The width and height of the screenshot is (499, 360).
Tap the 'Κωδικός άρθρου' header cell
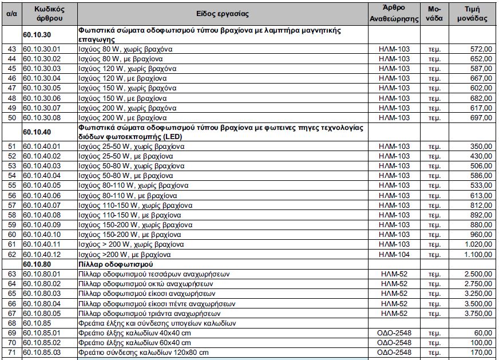[49, 13]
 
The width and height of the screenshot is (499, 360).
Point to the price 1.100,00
[477, 254]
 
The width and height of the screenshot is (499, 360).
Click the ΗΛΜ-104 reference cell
[394, 254]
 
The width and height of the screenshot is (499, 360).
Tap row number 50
[12, 117]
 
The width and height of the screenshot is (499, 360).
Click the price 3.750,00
[477, 314]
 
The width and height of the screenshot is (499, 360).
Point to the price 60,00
[483, 333]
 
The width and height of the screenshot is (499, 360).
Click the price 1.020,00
[477, 244]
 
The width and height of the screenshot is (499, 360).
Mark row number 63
[12, 274]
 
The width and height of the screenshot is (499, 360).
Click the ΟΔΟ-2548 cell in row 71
[394, 353]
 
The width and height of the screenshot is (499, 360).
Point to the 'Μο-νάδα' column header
[434, 13]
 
